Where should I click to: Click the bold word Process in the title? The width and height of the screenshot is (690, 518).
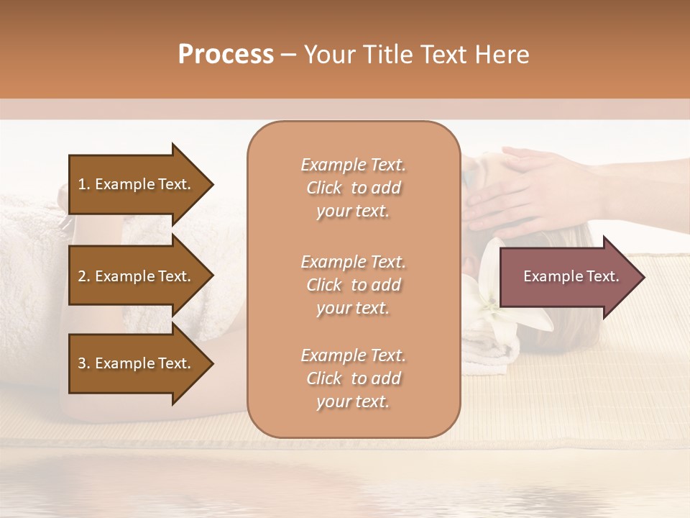(226, 55)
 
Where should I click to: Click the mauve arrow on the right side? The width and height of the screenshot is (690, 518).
(568, 276)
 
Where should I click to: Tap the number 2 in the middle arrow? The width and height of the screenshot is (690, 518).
(82, 276)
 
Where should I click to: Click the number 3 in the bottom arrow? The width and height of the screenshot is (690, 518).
(82, 363)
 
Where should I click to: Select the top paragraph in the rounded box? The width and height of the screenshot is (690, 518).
(353, 188)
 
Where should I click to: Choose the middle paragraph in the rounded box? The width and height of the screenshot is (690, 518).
(353, 285)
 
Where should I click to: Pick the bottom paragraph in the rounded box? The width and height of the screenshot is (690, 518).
(353, 378)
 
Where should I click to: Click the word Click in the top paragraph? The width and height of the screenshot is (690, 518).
(324, 188)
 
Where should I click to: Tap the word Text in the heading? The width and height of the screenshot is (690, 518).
(447, 55)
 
